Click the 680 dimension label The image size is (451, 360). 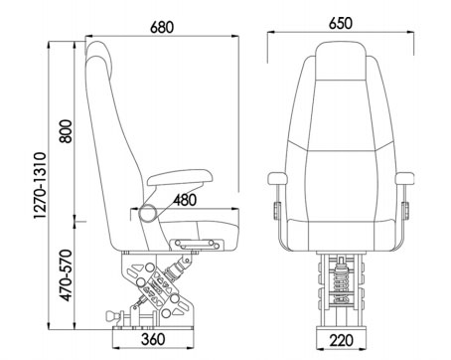(x=162, y=27)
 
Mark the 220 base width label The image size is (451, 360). (x=341, y=340)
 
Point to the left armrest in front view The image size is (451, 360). (x=280, y=179)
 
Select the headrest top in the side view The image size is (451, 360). (x=102, y=50)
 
